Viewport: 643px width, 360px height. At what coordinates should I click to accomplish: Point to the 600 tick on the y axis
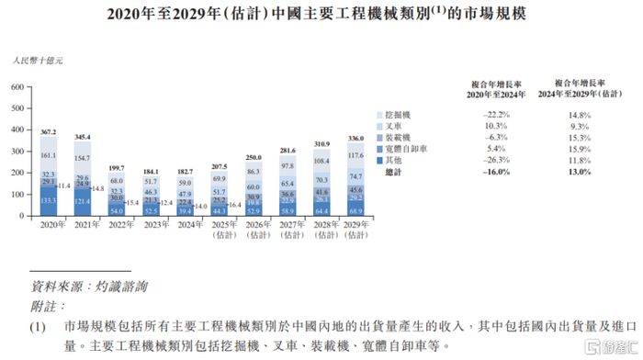(17, 87)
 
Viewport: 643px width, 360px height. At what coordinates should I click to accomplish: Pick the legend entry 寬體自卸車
(410, 148)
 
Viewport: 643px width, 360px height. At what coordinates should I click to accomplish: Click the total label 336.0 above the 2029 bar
(356, 139)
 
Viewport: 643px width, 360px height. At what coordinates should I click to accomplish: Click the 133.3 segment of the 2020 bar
(50, 200)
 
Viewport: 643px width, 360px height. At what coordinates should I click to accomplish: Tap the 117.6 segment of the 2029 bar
(356, 155)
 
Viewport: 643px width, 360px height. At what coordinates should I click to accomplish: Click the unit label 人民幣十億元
(38, 61)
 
